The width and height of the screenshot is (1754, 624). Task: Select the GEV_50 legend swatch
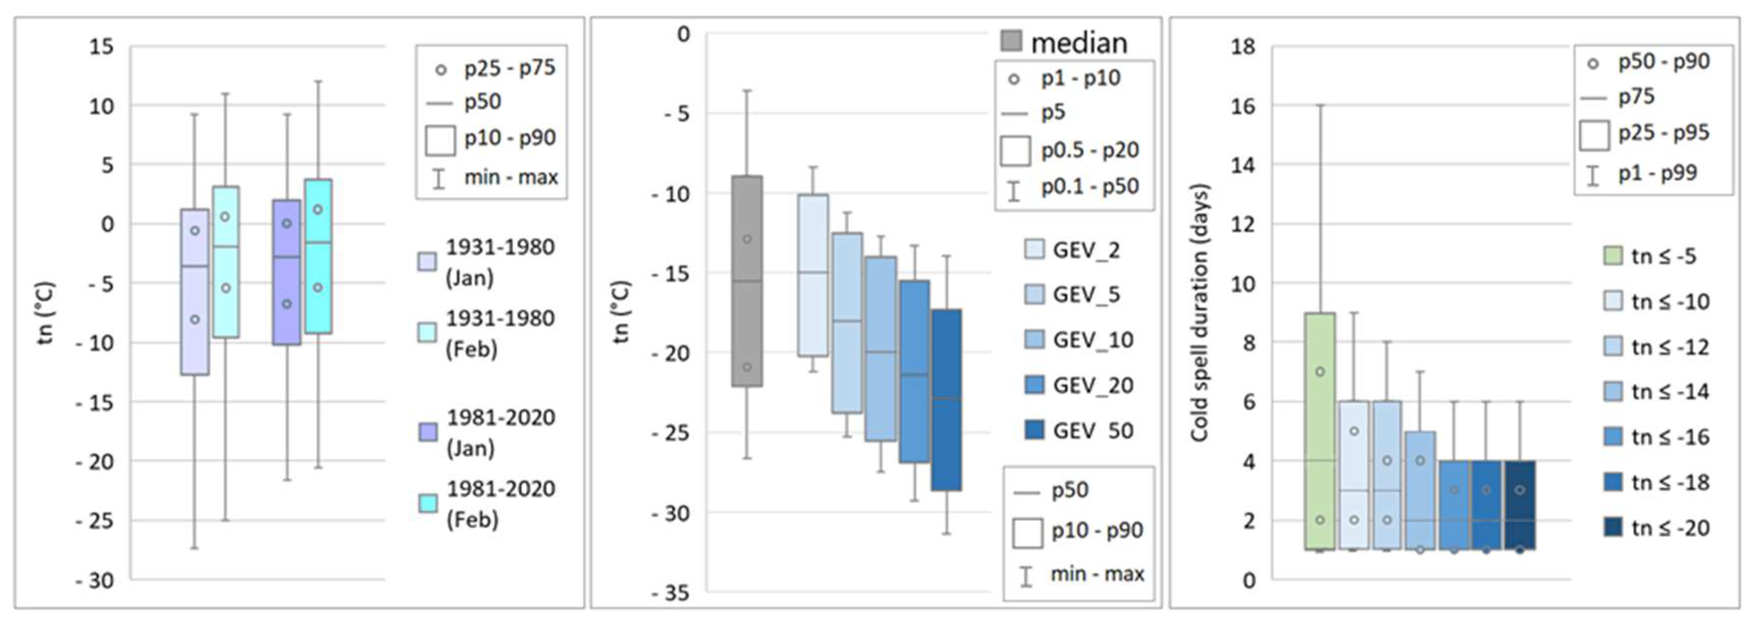(x=1034, y=430)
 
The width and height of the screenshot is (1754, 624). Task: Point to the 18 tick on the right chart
(x=1243, y=47)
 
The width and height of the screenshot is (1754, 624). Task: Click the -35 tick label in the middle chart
(x=670, y=593)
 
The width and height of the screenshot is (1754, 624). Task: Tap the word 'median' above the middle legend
(x=1079, y=42)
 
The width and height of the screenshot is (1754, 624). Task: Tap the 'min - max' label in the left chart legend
(x=511, y=177)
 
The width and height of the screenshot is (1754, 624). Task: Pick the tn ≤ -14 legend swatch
(x=1613, y=392)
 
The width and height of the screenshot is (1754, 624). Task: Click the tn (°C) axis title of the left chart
(x=45, y=313)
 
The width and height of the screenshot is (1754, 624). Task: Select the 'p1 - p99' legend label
(x=1657, y=173)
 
